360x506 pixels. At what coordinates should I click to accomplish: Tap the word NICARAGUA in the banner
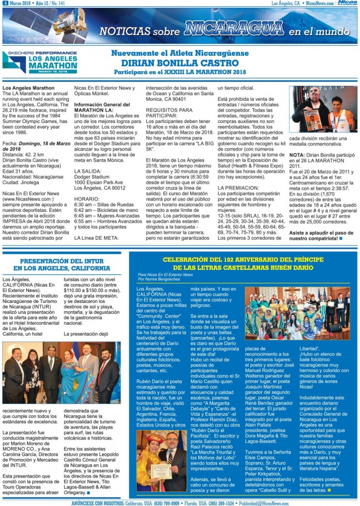coord(234,28)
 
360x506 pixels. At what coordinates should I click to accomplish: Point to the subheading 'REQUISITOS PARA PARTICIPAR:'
coord(169,113)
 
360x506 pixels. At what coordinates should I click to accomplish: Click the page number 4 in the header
coord(5,3)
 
